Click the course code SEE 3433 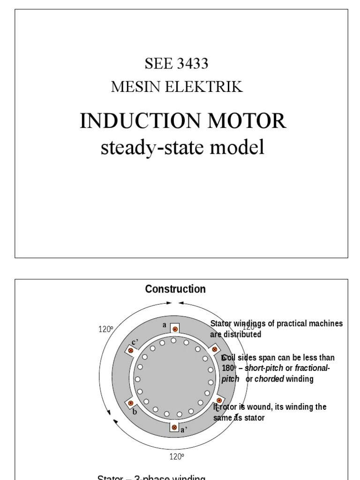click(176, 64)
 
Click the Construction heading click(175, 289)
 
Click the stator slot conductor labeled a click(175, 329)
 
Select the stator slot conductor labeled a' click(174, 427)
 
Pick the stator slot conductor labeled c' click(131, 350)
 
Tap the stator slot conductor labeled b click(131, 403)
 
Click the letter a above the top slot click(165, 324)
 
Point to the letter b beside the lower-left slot click(135, 412)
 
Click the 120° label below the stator click(177, 456)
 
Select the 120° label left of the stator click(105, 330)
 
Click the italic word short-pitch click(264, 368)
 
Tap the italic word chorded click(269, 379)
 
